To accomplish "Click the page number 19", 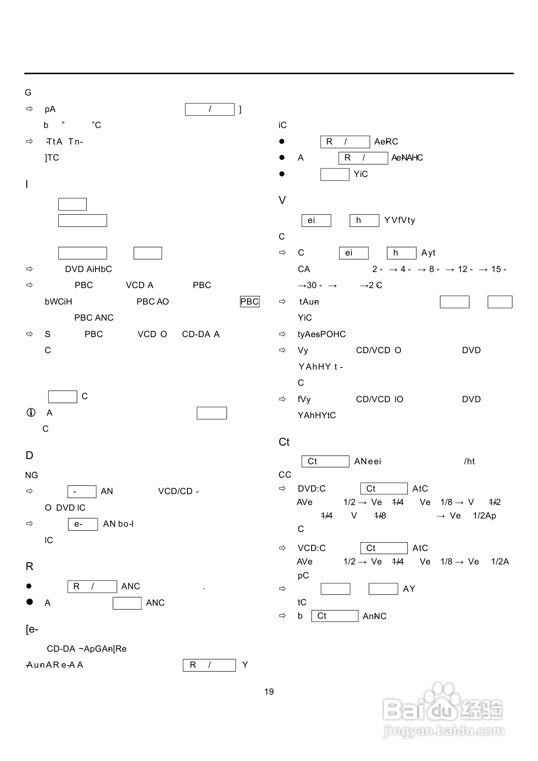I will (269, 692).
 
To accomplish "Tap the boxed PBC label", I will (249, 302).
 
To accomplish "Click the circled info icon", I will (31, 413).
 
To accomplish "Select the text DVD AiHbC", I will (89, 269).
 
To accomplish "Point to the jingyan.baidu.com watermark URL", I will (443, 731).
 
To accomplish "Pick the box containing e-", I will (82, 524).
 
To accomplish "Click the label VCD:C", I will (312, 548).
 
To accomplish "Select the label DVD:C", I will (312, 489).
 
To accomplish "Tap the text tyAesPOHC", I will (321, 334).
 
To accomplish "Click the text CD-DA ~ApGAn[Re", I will (87, 649).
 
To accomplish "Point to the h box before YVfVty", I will (364, 220).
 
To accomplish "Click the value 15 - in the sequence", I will (499, 269).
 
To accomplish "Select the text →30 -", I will (310, 285).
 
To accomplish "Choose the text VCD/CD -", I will (178, 491).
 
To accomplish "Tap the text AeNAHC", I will (407, 158).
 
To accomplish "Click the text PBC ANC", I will (94, 318).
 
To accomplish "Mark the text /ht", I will (469, 461).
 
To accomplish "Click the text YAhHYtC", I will (317, 415).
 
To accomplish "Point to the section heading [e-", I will (32, 629).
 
